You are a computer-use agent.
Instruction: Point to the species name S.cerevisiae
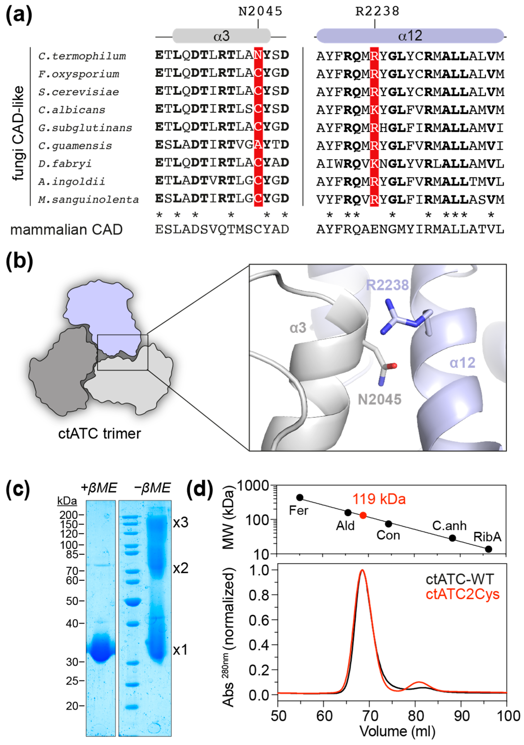tap(79, 92)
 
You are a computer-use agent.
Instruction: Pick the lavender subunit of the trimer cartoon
tap(104, 315)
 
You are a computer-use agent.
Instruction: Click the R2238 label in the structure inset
tap(387, 285)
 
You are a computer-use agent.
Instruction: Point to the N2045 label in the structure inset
tap(379, 399)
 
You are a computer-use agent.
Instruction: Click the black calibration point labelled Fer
tap(300, 497)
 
